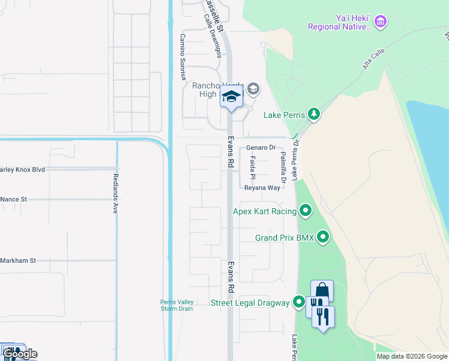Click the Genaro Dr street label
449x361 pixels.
[x=260, y=147]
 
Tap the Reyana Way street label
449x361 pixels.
[x=262, y=188]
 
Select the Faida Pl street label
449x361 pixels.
[x=253, y=167]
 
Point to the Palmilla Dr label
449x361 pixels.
[x=282, y=167]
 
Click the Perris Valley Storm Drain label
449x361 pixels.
[x=176, y=305]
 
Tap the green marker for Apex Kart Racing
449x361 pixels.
[x=306, y=211]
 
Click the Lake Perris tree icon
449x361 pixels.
[x=313, y=114]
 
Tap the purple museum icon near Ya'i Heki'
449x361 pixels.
[x=379, y=22]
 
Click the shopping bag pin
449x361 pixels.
[x=322, y=291]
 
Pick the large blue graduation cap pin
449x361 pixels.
[x=231, y=96]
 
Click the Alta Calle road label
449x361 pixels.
[x=373, y=60]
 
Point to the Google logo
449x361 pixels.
[x=19, y=354]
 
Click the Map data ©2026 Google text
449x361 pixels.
[x=411, y=356]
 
